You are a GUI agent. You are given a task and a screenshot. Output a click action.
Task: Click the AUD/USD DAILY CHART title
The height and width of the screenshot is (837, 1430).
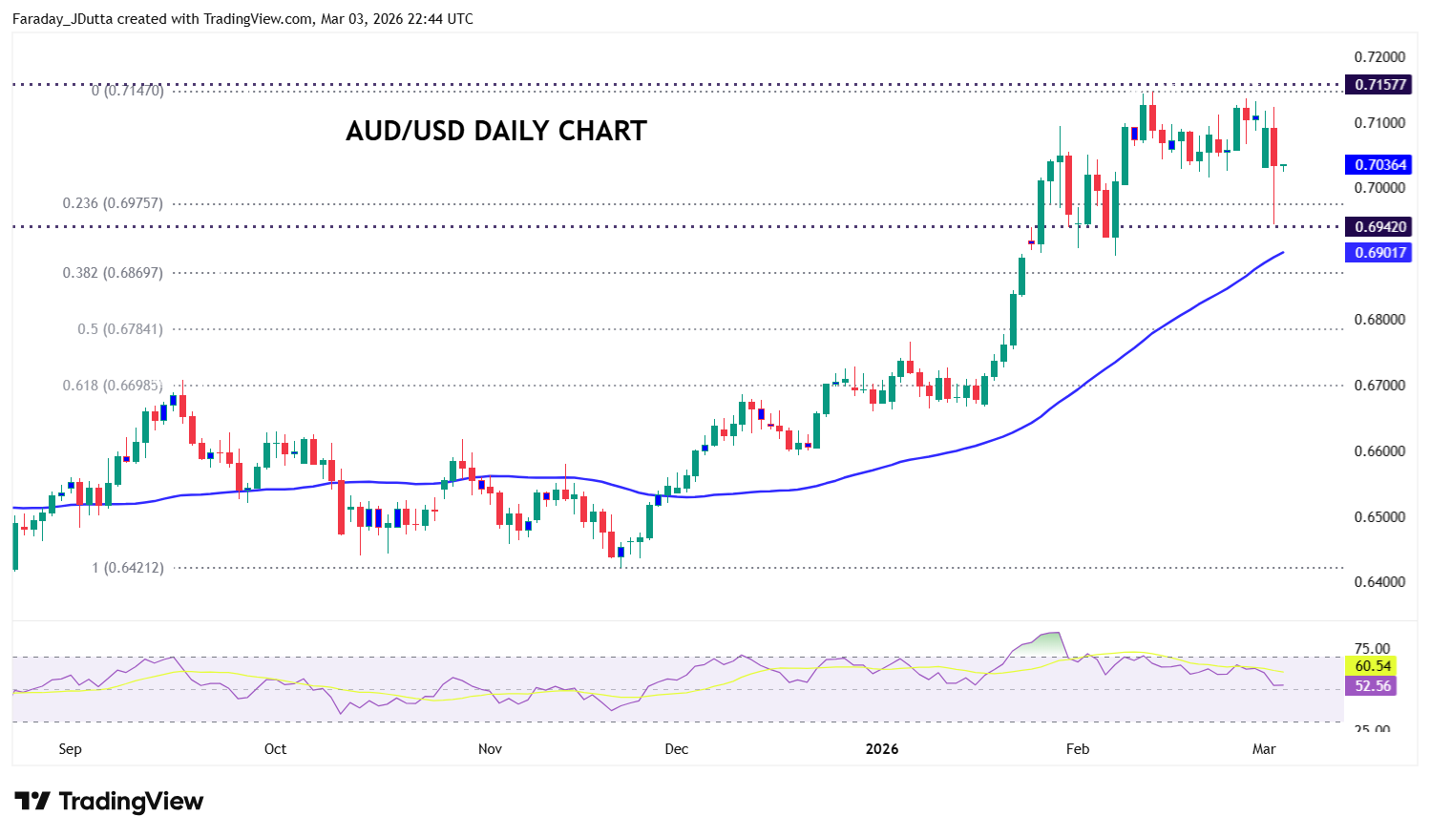495,131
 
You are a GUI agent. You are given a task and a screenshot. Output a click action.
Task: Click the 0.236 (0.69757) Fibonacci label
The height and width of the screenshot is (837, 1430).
113,203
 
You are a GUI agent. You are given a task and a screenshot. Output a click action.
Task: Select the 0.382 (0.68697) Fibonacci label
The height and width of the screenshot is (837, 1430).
113,273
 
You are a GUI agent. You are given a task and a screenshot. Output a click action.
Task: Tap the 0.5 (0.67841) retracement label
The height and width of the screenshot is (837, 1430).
120,329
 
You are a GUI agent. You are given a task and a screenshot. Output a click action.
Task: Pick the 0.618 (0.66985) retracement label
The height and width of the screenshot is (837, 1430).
113,386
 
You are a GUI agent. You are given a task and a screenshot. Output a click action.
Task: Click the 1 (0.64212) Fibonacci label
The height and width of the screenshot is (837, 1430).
128,568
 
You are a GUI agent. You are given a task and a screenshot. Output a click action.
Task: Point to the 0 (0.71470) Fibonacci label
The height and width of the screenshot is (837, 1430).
128,92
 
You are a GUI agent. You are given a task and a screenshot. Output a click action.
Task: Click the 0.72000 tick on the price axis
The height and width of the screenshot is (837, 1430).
1379,57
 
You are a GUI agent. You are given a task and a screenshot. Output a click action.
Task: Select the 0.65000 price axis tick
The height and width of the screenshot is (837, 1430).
1379,517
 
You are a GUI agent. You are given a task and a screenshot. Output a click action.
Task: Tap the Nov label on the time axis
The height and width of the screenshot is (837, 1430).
490,749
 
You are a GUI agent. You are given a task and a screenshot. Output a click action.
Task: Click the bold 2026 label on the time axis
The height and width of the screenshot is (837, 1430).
882,749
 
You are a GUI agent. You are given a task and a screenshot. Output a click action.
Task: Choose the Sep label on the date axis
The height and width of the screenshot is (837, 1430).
70,749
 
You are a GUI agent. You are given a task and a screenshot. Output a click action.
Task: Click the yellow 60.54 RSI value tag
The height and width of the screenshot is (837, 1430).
1373,666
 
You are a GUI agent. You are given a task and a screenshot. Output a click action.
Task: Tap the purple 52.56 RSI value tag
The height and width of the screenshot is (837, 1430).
1373,686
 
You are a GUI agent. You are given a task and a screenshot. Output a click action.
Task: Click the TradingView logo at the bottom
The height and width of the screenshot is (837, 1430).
109,802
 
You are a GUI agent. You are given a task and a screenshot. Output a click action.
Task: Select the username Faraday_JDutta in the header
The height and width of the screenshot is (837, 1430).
62,19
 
